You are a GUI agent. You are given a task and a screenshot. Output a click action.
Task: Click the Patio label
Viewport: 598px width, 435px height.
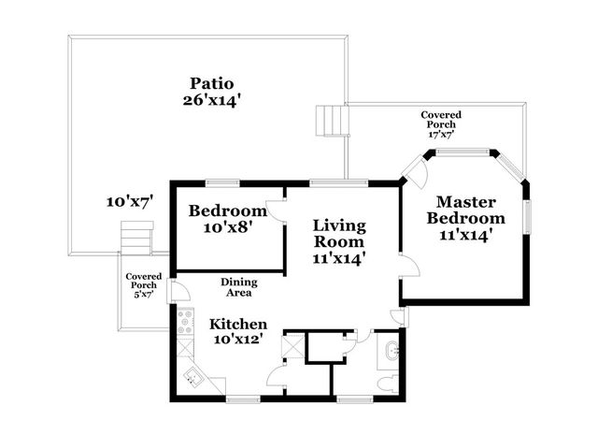(213, 82)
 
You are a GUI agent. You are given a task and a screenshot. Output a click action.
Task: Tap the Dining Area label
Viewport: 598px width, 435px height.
(239, 287)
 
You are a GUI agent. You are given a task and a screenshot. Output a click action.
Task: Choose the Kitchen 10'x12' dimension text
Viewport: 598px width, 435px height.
(238, 340)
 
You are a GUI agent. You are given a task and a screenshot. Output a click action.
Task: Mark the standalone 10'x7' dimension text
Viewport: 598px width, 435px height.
(129, 201)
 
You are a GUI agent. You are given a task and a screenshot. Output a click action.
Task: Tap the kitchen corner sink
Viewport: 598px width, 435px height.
(194, 377)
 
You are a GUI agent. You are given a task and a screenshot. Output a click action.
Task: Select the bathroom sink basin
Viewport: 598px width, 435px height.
(391, 353)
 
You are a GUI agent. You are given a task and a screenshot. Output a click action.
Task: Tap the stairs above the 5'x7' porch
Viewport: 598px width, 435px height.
(137, 239)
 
